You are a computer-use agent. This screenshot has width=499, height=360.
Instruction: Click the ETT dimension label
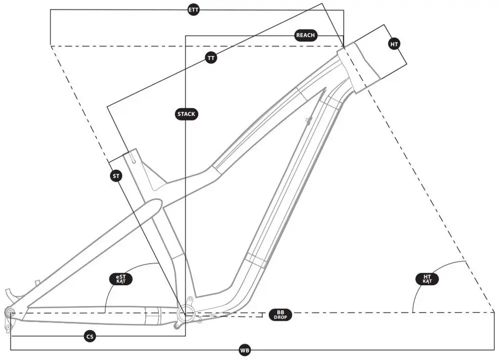tap(193, 10)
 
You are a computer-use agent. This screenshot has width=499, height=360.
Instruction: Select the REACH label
tap(305, 35)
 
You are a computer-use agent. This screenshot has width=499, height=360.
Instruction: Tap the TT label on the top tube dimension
tap(211, 58)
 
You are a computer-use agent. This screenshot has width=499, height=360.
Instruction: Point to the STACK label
tap(186, 114)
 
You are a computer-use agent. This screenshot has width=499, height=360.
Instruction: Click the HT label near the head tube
tap(395, 44)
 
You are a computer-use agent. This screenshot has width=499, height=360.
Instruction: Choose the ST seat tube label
tap(116, 176)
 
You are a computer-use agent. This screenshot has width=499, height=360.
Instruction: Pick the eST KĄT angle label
tap(120, 279)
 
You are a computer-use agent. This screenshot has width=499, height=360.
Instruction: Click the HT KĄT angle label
tap(427, 279)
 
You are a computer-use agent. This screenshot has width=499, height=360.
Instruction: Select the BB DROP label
tap(280, 315)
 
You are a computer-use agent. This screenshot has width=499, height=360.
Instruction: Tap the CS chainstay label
tap(90, 337)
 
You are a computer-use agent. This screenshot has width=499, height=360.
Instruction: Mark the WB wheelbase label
tap(244, 351)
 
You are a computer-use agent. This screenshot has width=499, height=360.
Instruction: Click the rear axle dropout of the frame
tap(10, 312)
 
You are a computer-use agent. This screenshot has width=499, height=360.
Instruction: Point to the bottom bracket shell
tap(185, 314)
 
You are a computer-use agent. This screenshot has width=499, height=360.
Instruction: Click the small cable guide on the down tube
tap(309, 120)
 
